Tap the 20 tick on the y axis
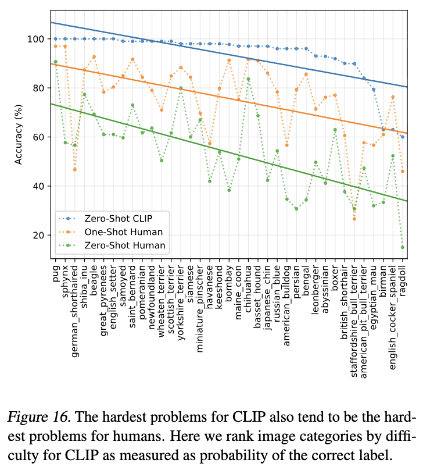click(38, 235)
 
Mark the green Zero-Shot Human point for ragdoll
click(402, 247)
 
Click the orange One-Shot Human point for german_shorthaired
click(74, 169)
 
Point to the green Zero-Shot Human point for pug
click(55, 62)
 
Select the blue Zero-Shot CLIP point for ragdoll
click(402, 137)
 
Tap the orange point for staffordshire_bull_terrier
click(354, 219)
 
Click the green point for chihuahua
click(248, 79)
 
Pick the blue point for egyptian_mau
click(374, 90)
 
